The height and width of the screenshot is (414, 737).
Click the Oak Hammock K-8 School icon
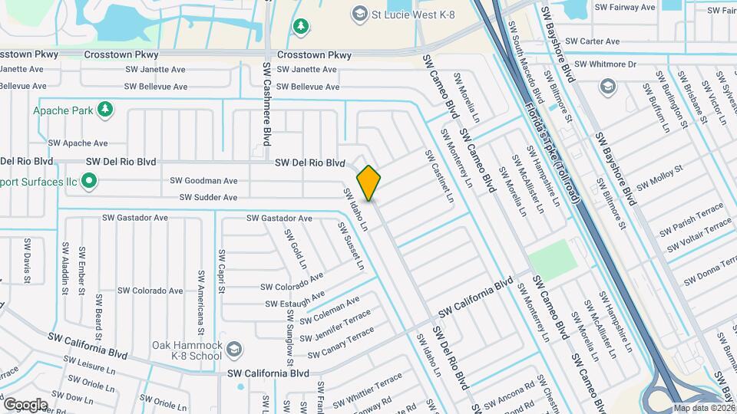234,350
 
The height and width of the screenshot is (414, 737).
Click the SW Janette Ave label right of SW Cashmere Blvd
307,70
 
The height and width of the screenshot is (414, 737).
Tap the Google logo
25,404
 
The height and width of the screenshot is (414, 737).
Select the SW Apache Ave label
78,143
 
